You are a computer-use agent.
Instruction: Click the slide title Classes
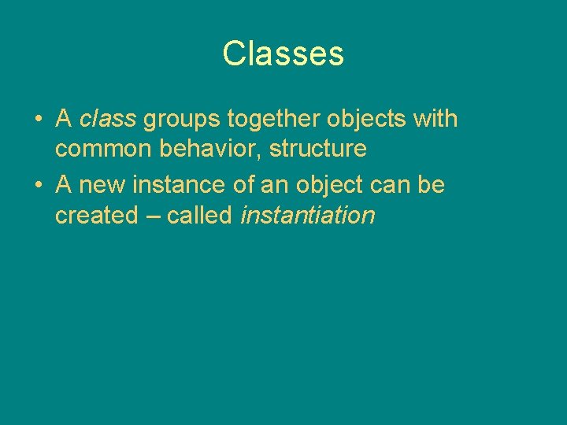[283, 54]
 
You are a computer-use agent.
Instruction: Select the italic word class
[108, 120]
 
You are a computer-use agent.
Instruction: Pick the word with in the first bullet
[435, 120]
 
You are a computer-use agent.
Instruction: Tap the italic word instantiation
[307, 215]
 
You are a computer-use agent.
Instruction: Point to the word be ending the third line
[432, 186]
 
